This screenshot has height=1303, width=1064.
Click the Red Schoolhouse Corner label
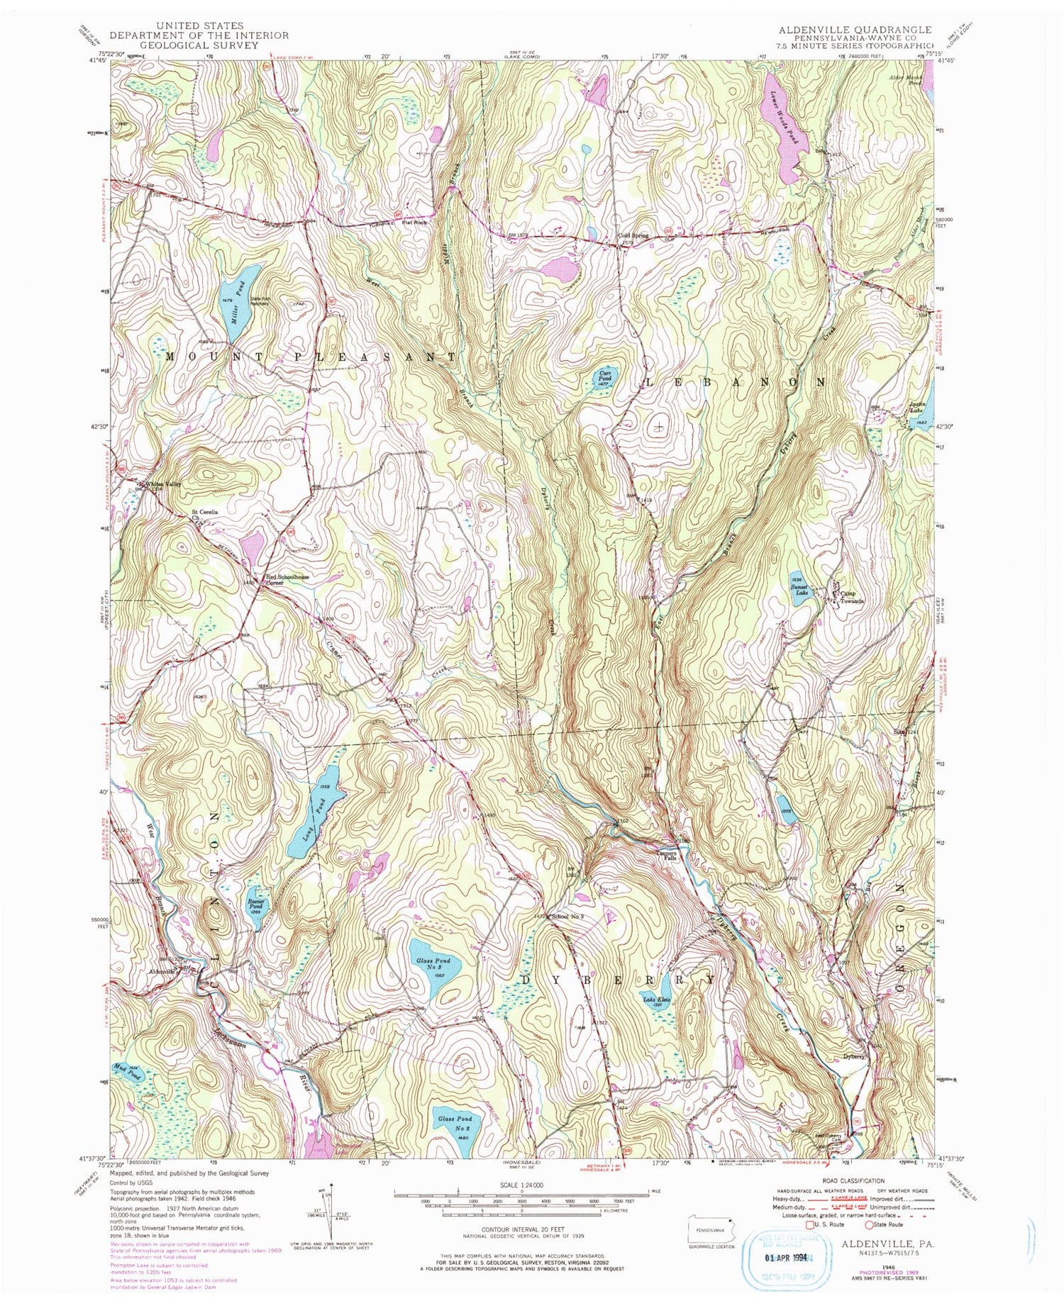coord(287,580)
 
